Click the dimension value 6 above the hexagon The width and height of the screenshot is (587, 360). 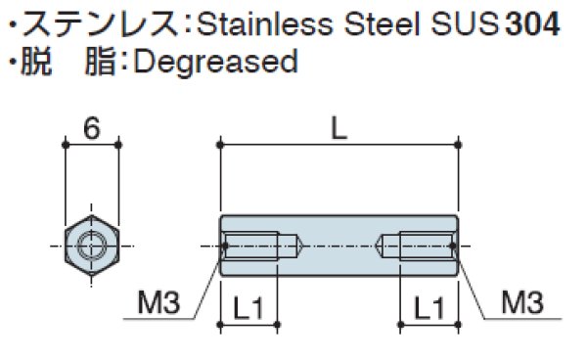(x=91, y=129)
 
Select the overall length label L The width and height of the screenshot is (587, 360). (x=339, y=129)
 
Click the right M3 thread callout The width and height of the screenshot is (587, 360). (x=522, y=305)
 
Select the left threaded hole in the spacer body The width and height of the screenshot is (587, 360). (x=260, y=245)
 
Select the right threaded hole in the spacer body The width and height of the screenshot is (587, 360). (x=420, y=245)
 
